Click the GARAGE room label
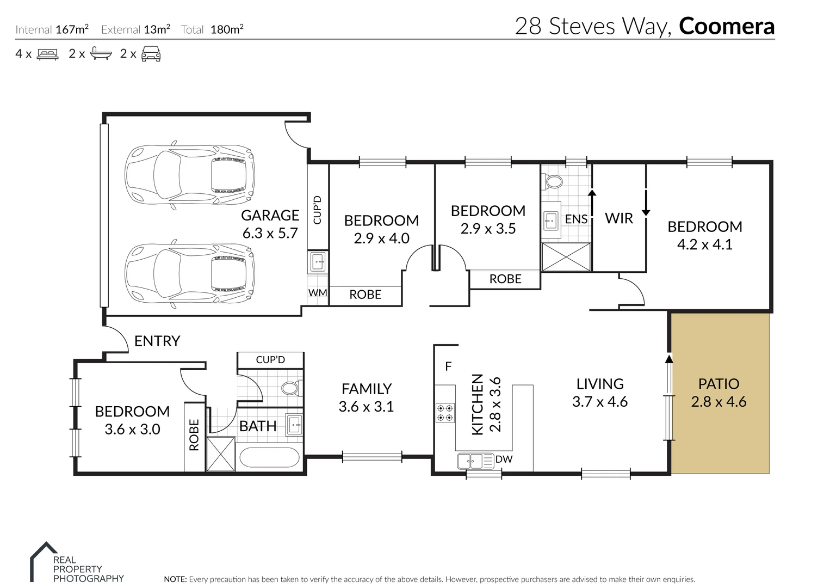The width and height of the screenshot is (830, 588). (270, 216)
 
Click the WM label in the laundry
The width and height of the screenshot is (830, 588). (318, 293)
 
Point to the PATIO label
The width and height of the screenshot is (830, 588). (718, 384)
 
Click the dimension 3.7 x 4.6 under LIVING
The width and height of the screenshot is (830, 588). (600, 402)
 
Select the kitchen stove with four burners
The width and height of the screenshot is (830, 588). (445, 412)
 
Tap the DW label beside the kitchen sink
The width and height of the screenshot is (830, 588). (504, 459)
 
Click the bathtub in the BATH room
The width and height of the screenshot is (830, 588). (269, 458)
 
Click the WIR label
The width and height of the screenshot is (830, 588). (619, 218)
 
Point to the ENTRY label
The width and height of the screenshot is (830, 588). (157, 341)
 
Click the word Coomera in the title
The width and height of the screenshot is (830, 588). (727, 26)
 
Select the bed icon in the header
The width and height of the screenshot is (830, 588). (47, 54)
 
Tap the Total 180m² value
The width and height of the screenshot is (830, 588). (227, 29)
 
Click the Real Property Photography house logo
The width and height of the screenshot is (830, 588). (42, 561)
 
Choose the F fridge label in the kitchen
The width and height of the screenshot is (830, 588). (448, 366)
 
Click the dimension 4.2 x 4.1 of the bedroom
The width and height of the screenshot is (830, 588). (704, 244)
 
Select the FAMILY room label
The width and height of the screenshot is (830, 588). (366, 389)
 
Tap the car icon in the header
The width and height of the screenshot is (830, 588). (151, 54)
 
